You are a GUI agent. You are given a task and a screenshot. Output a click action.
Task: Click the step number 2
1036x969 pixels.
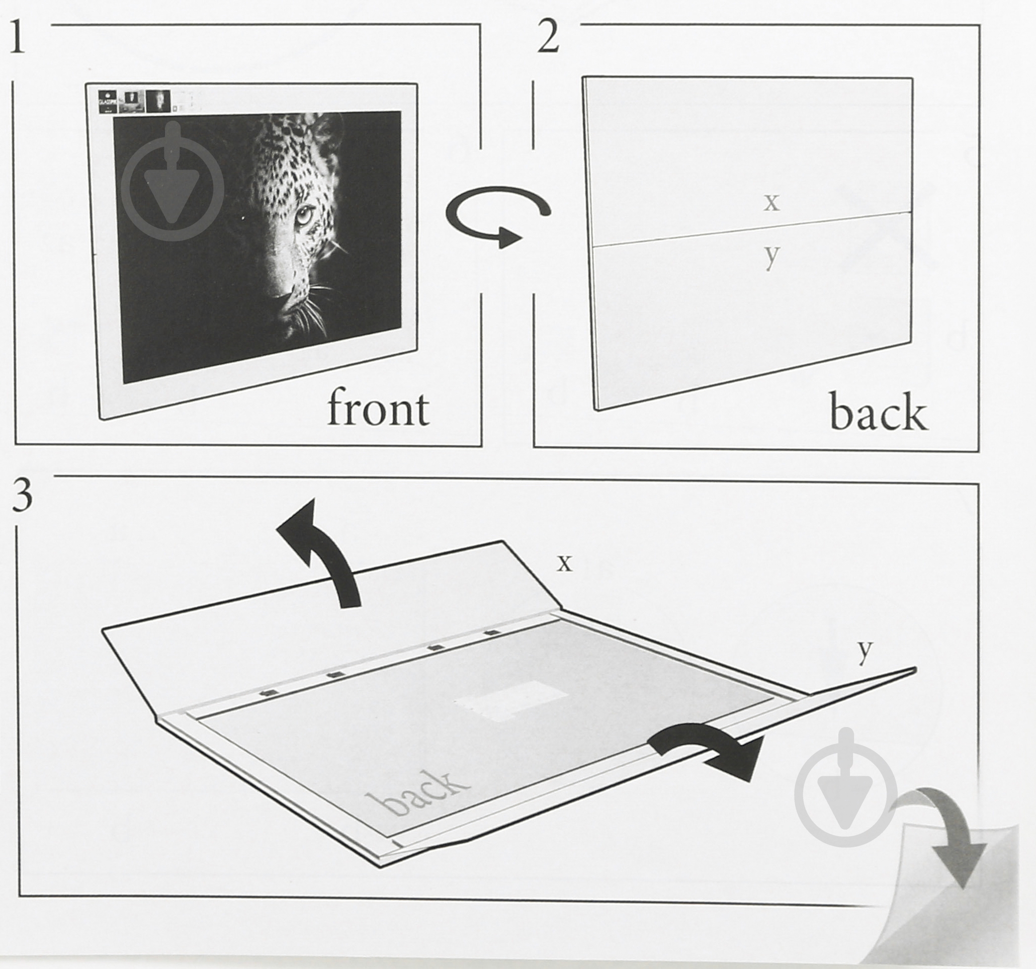(548, 38)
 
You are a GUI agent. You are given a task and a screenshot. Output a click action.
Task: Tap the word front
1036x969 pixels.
(378, 409)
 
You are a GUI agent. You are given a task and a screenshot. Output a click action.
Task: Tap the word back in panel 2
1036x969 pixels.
(878, 413)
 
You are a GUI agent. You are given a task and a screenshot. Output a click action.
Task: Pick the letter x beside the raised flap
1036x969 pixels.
(565, 563)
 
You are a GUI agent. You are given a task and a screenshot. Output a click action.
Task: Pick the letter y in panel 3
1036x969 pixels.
(865, 651)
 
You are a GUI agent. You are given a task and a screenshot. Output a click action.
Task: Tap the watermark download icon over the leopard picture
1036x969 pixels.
(174, 183)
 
